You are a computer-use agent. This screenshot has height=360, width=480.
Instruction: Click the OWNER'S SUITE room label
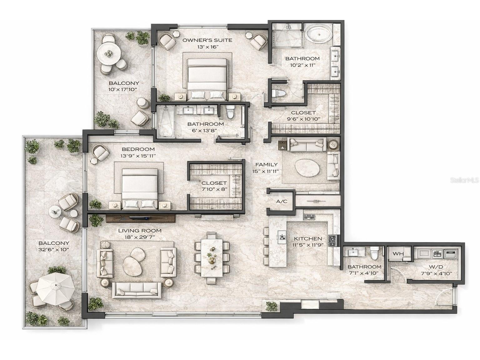207,40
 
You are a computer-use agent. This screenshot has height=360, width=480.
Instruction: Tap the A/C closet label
282,202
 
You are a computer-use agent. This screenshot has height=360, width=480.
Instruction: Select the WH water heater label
398,253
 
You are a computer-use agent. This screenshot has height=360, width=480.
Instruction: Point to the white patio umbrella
55,288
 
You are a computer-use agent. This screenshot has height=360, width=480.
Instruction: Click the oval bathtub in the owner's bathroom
318,34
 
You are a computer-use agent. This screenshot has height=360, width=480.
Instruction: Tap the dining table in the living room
212,258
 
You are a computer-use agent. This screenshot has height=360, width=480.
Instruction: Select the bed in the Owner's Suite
207,79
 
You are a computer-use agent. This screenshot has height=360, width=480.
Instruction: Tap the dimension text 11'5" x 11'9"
308,245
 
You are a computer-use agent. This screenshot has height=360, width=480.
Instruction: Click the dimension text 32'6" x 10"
54,250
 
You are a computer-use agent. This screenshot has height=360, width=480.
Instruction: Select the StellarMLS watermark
464,180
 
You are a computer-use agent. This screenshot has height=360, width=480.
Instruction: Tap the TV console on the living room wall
140,218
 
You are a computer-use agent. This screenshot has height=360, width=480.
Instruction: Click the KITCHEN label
308,239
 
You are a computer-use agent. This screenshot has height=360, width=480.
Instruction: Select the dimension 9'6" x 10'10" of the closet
303,119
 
